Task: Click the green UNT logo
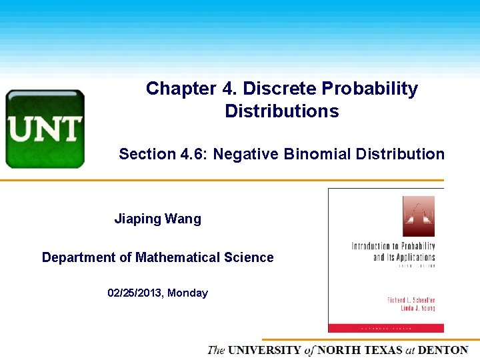click(45, 129)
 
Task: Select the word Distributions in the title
click(281, 111)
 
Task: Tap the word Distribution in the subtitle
click(400, 155)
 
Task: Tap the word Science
click(251, 257)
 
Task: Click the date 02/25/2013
click(135, 293)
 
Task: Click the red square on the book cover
click(418, 216)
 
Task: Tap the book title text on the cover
click(393, 252)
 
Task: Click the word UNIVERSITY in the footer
click(264, 350)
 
